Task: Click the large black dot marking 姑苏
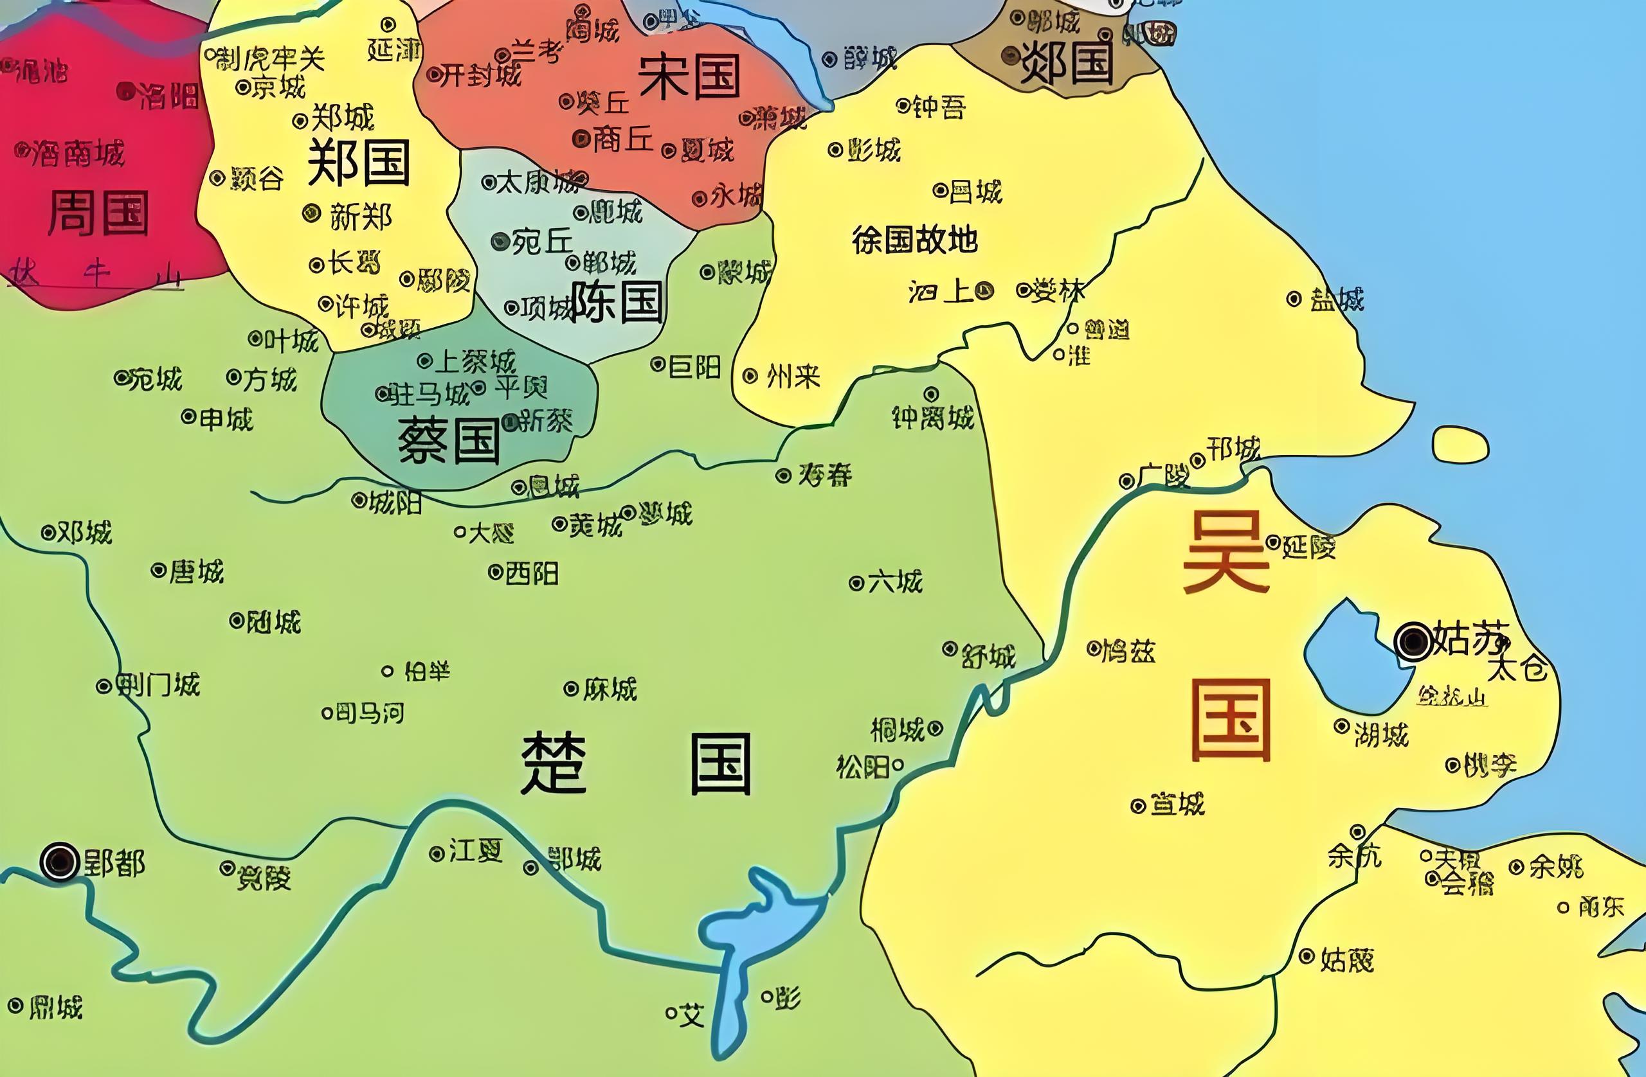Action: (x=1414, y=641)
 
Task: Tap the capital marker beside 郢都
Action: (x=60, y=861)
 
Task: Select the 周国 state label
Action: (x=98, y=213)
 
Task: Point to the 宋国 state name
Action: (x=689, y=76)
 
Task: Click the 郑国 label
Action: (x=358, y=163)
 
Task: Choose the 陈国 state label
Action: (x=617, y=301)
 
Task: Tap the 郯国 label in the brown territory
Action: (x=1067, y=62)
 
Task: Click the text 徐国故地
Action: (x=914, y=240)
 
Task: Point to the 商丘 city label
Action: (x=622, y=139)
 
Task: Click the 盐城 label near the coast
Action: (x=1336, y=300)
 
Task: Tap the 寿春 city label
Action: (x=824, y=475)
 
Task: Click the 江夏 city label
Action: (x=475, y=851)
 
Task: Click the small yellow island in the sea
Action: (x=1460, y=445)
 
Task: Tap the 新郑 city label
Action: (x=360, y=217)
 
